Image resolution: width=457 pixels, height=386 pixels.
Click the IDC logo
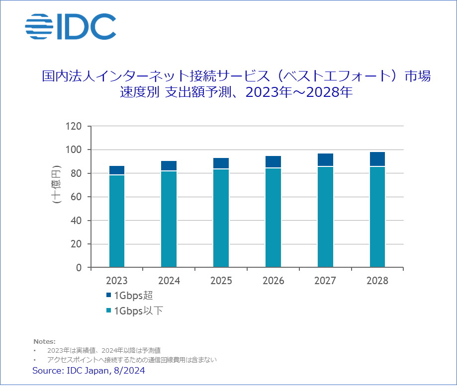click(x=70, y=27)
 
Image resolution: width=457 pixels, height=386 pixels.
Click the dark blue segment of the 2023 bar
click(x=116, y=170)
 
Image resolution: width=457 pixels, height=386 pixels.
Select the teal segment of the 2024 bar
click(x=169, y=219)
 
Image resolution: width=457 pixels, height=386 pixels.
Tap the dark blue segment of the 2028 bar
click(x=377, y=158)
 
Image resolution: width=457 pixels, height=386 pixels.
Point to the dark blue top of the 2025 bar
click(x=221, y=163)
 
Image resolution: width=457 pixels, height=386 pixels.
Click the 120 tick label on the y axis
click(x=73, y=126)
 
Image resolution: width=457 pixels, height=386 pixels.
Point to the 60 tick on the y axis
click(x=76, y=197)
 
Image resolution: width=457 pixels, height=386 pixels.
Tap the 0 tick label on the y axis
click(x=79, y=268)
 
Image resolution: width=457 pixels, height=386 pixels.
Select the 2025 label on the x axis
click(x=221, y=281)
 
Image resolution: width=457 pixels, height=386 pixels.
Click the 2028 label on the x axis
click(x=377, y=281)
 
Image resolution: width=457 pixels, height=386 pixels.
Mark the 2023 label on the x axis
click(x=116, y=281)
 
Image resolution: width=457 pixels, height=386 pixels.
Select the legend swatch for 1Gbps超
click(x=109, y=296)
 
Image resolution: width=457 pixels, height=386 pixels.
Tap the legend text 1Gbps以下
click(x=139, y=311)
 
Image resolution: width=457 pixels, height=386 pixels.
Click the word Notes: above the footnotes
click(x=44, y=341)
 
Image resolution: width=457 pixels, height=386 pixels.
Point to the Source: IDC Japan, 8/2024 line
click(x=89, y=371)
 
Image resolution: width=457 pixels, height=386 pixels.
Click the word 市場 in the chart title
click(x=417, y=77)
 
